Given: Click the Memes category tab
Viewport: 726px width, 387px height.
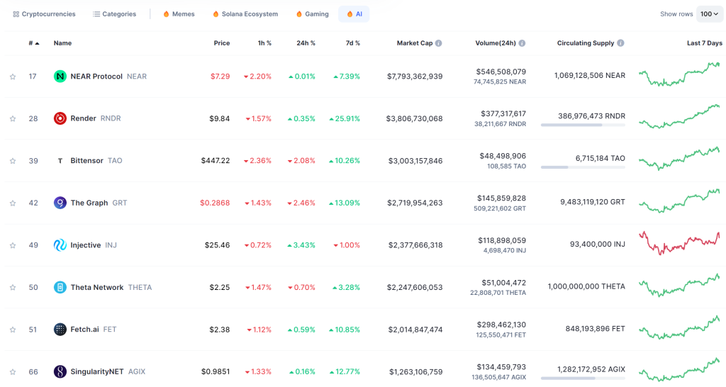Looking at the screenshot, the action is tap(179, 14).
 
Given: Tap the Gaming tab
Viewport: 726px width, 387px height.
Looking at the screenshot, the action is tap(312, 14).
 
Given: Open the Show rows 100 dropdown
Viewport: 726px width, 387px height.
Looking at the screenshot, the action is tap(709, 14).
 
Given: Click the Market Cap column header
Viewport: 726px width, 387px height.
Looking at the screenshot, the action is tap(414, 43).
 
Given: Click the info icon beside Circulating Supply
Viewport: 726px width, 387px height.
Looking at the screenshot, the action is tap(620, 43).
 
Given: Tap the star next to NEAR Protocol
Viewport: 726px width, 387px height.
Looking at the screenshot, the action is tap(13, 77).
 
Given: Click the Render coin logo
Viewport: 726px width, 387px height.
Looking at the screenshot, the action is tap(60, 118).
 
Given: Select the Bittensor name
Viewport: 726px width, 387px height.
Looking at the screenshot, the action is tap(86, 161).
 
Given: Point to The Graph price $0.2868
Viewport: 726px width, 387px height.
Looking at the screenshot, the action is tap(215, 203).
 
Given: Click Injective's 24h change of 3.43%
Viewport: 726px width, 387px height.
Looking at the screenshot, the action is tap(301, 245).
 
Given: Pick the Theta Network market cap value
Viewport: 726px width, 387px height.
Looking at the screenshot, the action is tap(415, 288).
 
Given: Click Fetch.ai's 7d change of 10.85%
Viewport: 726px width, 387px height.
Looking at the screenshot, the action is tap(345, 330).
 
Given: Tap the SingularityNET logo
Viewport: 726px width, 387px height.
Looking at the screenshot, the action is tap(60, 371).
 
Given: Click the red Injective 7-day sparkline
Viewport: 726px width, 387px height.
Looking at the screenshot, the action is tap(679, 244).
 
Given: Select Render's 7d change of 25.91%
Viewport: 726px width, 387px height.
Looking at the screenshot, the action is tap(345, 118).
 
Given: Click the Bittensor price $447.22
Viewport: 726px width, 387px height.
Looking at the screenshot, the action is tap(216, 161).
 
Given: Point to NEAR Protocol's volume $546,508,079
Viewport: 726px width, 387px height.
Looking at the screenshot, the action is tap(501, 72).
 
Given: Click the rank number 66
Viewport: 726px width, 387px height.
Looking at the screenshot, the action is tap(33, 371).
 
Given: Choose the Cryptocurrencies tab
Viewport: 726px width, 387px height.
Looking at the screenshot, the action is tap(44, 14).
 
